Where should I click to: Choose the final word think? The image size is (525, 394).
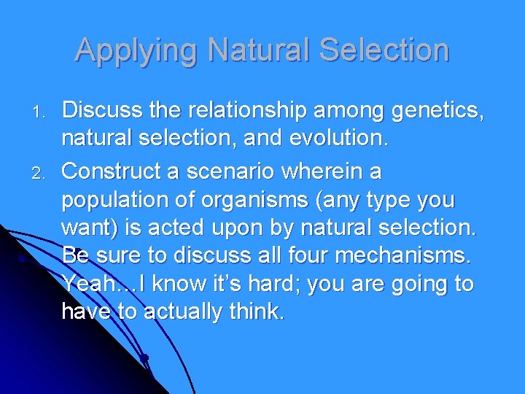[258, 312]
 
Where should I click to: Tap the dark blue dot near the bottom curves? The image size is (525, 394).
[145, 358]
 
